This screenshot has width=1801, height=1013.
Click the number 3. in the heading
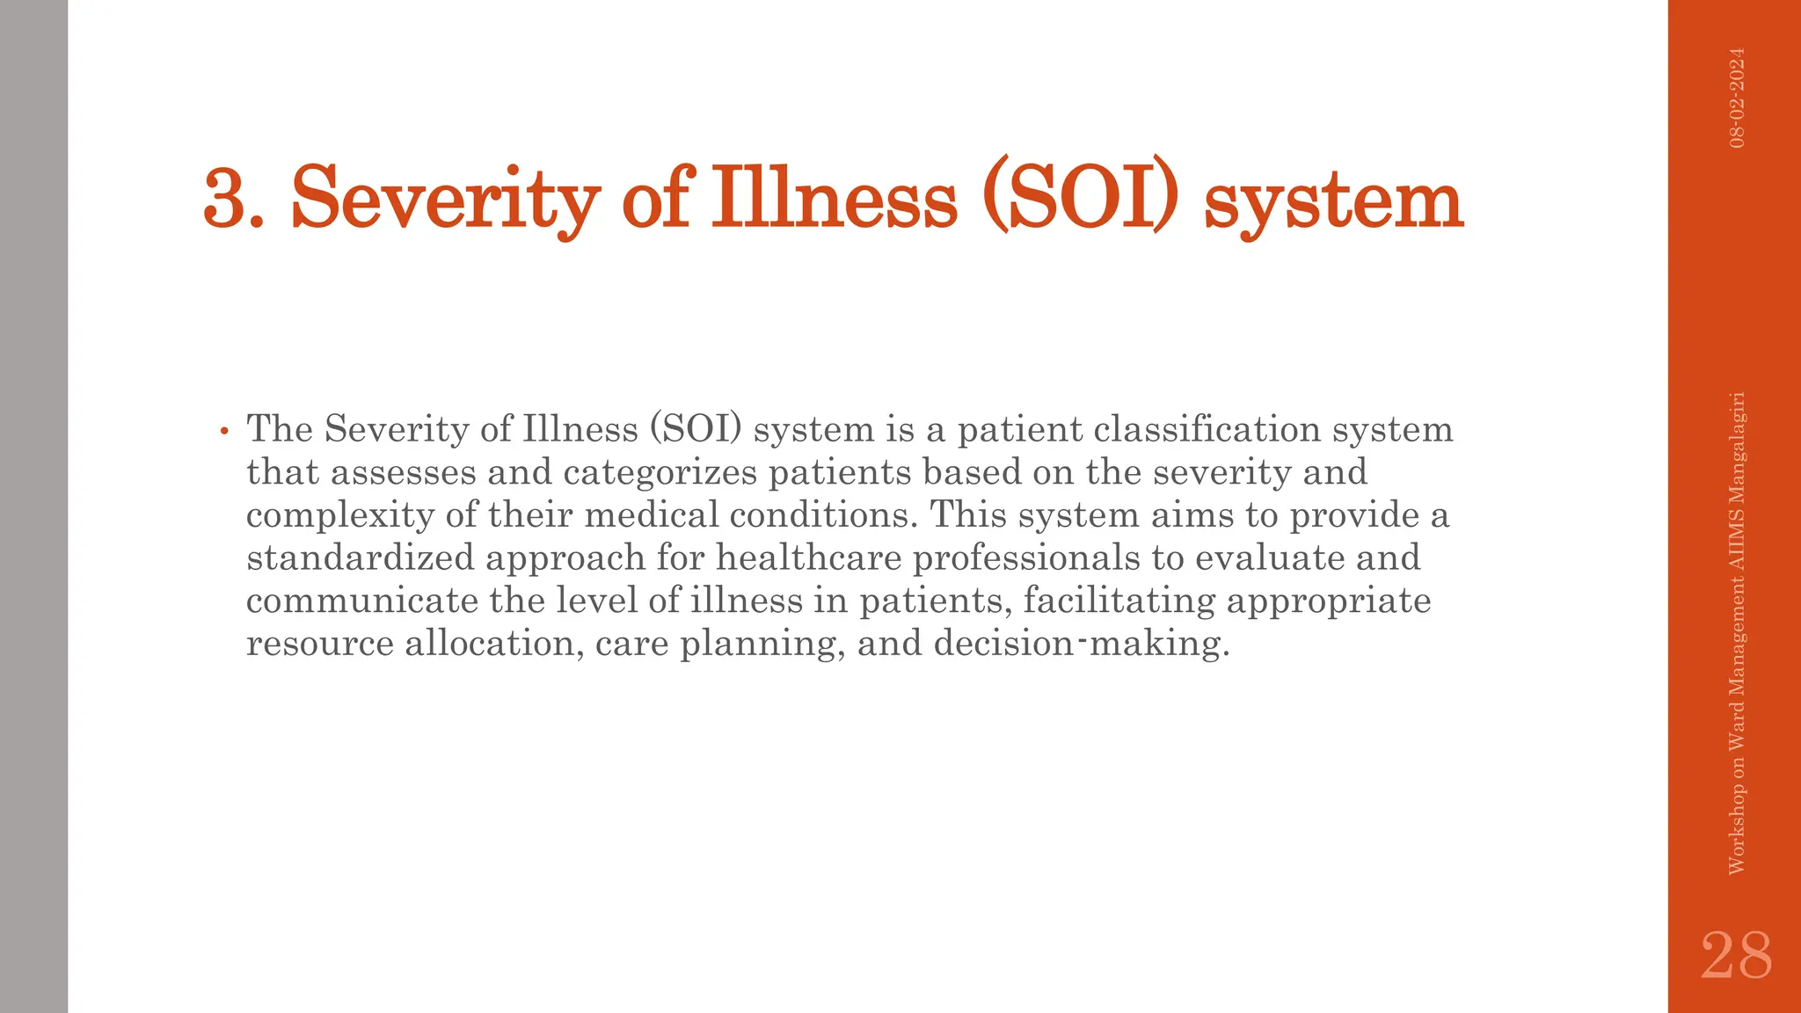[x=233, y=199]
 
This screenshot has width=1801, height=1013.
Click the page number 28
[x=1736, y=956]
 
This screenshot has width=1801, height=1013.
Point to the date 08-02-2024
[x=1737, y=98]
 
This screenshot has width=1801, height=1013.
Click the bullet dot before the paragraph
[x=224, y=431]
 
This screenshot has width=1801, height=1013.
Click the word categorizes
[x=660, y=472]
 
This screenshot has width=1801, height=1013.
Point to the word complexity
[x=340, y=515]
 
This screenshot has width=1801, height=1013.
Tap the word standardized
[x=360, y=558]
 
